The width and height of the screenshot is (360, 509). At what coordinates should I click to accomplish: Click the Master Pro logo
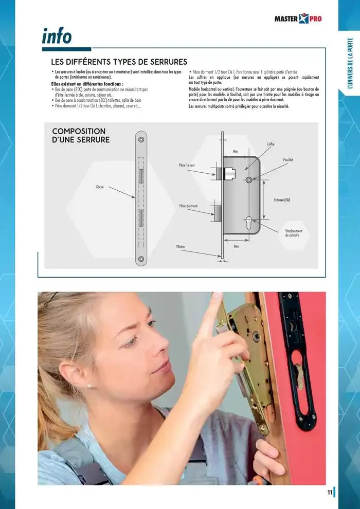click(x=298, y=20)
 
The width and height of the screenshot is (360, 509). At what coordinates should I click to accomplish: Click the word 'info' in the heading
click(x=57, y=37)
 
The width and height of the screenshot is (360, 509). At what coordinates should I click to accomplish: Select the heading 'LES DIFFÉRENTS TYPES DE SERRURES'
click(x=115, y=62)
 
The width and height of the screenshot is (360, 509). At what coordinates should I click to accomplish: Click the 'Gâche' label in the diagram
click(x=100, y=187)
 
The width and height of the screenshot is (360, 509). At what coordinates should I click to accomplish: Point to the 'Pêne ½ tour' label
click(x=187, y=166)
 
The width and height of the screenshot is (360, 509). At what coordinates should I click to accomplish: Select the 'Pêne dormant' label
click(x=188, y=206)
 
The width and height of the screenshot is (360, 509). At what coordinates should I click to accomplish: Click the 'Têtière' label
click(x=181, y=247)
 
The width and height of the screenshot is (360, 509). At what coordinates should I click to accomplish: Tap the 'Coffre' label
click(x=271, y=144)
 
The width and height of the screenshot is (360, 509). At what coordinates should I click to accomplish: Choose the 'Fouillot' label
click(x=288, y=160)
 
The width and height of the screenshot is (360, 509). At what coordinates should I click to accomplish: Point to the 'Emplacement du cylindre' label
click(x=294, y=233)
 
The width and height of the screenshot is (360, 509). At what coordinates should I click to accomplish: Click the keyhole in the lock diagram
click(x=249, y=222)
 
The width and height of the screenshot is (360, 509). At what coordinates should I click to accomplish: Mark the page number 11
click(x=329, y=492)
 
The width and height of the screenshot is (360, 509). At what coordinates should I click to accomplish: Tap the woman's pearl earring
click(x=88, y=385)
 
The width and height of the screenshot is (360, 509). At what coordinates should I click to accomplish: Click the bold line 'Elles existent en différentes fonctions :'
click(x=87, y=83)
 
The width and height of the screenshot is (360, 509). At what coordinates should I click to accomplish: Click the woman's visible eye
click(x=150, y=324)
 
